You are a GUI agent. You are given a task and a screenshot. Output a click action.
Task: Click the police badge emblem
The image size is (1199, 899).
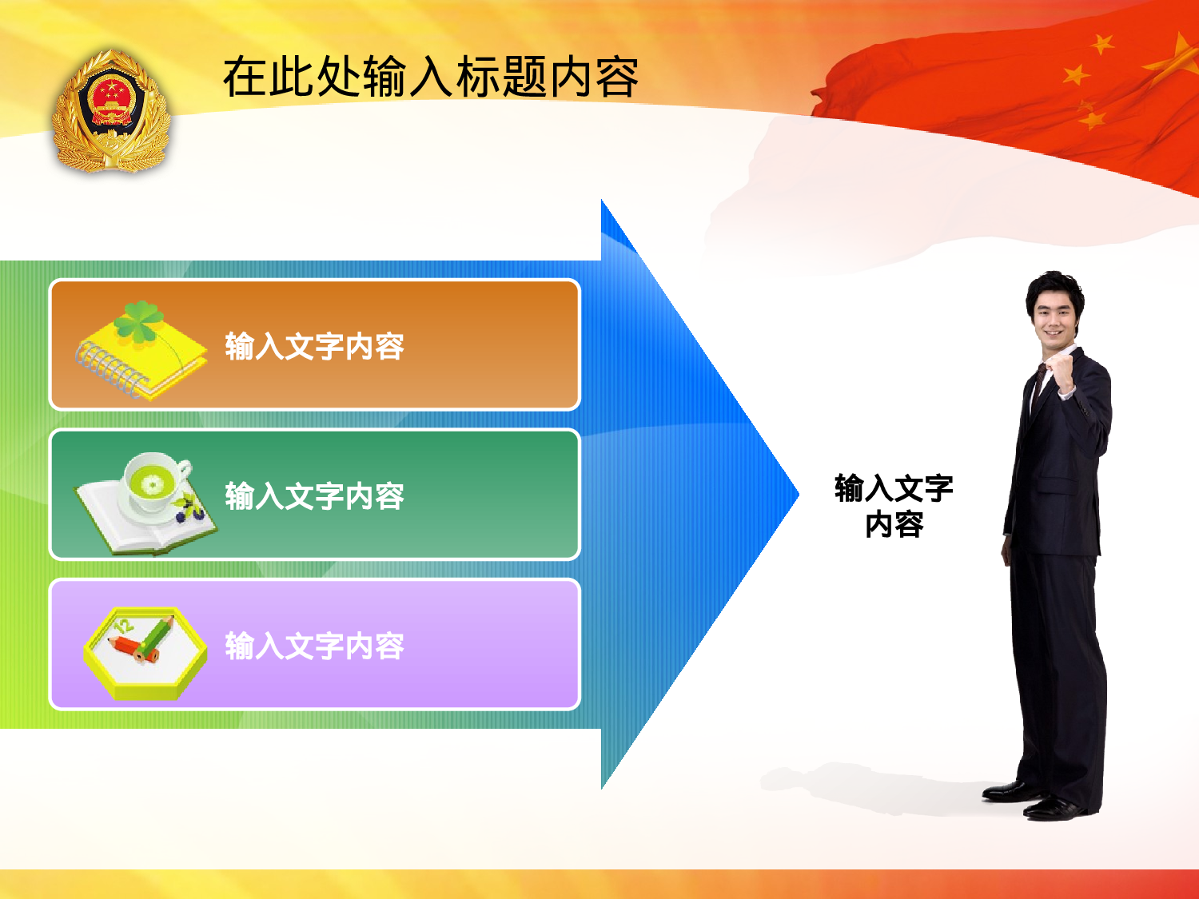tap(111, 112)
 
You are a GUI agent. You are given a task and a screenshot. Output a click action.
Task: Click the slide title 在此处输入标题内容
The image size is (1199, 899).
tap(430, 78)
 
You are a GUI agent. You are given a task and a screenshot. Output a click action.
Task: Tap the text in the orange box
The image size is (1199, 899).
tap(314, 347)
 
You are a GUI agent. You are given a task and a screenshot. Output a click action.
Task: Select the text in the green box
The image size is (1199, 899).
tap(314, 496)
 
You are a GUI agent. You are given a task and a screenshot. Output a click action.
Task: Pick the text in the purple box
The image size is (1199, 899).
tap(314, 646)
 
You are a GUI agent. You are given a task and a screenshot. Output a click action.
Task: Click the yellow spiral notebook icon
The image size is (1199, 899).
tap(144, 356)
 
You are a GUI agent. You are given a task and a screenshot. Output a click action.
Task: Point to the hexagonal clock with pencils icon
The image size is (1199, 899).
tap(145, 653)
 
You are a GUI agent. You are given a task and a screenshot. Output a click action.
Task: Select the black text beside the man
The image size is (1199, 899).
tap(894, 506)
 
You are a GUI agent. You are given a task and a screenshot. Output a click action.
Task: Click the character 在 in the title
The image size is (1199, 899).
tap(244, 78)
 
